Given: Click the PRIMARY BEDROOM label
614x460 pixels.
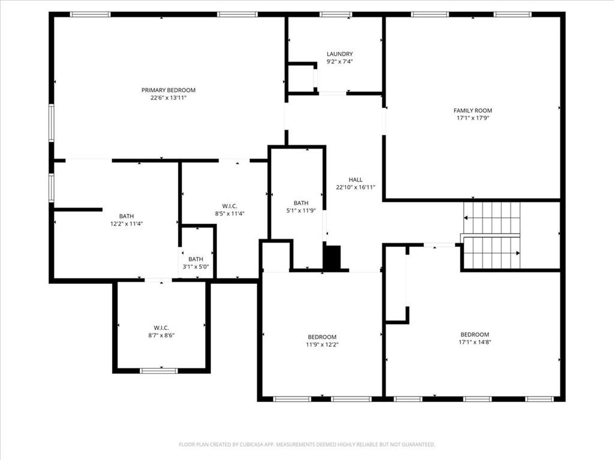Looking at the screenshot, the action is point(168,90).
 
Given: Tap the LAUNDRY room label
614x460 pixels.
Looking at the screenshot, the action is point(340,53).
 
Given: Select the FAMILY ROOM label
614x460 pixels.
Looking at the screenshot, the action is point(472,110).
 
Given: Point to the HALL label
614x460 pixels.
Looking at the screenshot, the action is point(356,180).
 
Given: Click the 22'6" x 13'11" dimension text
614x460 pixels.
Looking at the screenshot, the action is point(168,98).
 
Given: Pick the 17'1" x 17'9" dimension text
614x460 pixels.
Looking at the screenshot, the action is point(473,118).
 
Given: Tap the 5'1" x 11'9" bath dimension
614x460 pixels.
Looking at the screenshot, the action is point(301,210).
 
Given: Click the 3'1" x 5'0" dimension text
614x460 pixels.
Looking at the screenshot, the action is point(196,267).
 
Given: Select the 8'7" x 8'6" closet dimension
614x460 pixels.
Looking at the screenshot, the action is point(161,335).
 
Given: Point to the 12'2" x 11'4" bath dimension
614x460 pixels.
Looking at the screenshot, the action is point(127,224).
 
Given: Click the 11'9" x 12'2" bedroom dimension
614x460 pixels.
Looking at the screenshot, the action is point(322,344).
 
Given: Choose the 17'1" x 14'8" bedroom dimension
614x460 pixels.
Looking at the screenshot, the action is point(475,342).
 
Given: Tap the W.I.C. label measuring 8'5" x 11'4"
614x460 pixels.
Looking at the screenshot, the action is point(230,206).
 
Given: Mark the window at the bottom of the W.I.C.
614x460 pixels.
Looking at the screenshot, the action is point(158,370).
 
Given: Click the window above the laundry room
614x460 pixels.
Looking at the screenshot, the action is point(336,14).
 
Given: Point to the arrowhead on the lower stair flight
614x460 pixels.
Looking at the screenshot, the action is point(517,253).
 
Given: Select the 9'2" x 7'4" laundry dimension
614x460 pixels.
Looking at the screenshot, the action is point(340,62).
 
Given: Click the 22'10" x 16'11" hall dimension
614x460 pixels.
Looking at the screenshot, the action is point(356,187).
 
